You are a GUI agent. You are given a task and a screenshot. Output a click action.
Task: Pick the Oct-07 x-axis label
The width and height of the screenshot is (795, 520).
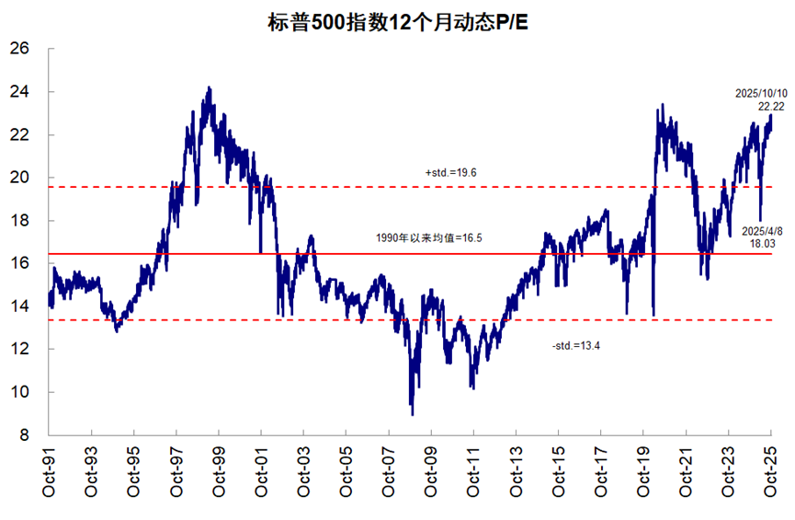coord(389,475)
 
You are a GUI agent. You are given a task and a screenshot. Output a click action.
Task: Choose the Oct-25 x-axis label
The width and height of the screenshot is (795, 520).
coord(771,475)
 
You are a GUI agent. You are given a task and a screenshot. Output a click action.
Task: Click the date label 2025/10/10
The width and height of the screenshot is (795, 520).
coord(762,94)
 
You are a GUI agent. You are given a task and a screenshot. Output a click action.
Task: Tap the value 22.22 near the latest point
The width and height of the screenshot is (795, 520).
coord(771,107)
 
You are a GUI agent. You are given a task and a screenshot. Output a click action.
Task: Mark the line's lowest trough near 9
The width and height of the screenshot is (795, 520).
coord(412,412)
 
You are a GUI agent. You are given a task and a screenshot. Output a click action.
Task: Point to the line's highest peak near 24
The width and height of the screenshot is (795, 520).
coord(210,88)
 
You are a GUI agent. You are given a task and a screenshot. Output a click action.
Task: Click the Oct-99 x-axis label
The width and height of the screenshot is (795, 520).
coord(219,475)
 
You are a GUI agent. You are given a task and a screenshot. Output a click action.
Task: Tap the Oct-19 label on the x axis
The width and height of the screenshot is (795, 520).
coord(643,475)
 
